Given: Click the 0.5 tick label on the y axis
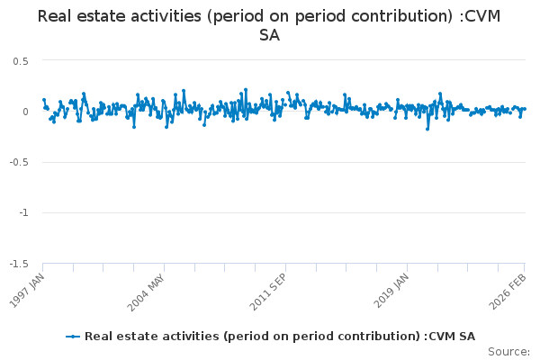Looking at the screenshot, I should [21, 61].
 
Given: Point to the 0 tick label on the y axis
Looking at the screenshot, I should [26, 112].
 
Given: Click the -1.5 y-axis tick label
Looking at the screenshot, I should [19, 264].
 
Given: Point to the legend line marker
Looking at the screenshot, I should [74, 337].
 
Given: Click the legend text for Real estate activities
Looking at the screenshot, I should [280, 337].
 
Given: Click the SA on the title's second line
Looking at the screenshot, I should [269, 36].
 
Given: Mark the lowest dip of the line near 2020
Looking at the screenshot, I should [427, 129].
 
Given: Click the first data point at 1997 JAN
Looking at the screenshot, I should [43, 100].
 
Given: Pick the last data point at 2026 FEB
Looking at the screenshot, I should [525, 109].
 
